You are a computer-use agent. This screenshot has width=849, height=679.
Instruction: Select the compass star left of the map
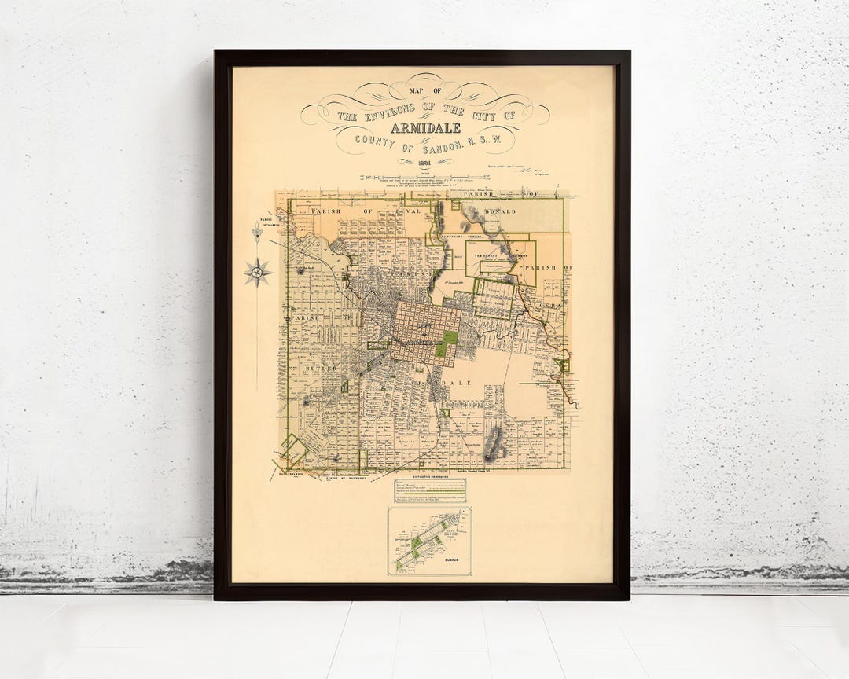pyautogui.click(x=257, y=272)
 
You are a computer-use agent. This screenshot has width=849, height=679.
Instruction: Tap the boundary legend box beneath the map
pyautogui.click(x=429, y=490)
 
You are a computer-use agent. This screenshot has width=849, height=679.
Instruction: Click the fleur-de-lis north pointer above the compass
pyautogui.click(x=256, y=233)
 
